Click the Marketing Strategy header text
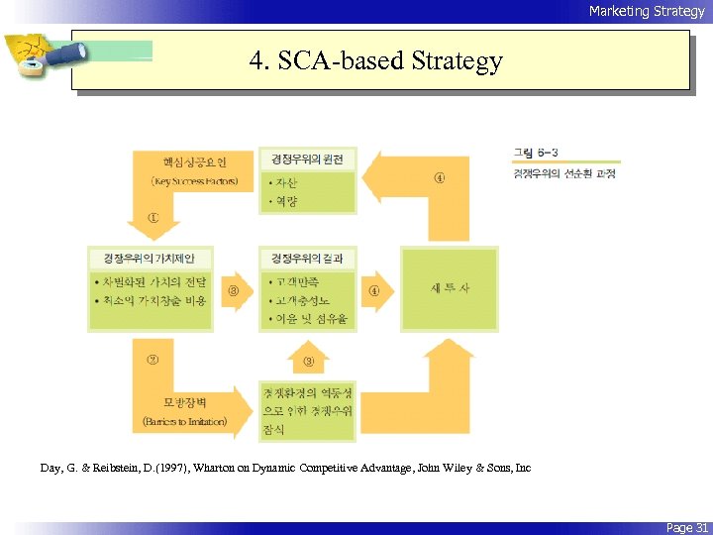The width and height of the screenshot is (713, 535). [646, 11]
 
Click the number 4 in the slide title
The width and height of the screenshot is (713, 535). [256, 61]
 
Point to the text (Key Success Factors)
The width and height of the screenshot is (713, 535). [194, 182]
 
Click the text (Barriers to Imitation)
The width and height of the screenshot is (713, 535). [184, 421]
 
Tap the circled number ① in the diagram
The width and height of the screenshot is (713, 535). [153, 217]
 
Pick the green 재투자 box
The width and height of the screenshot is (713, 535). [449, 288]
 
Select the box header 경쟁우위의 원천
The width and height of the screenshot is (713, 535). [307, 159]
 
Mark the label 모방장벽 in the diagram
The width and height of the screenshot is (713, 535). [184, 403]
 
